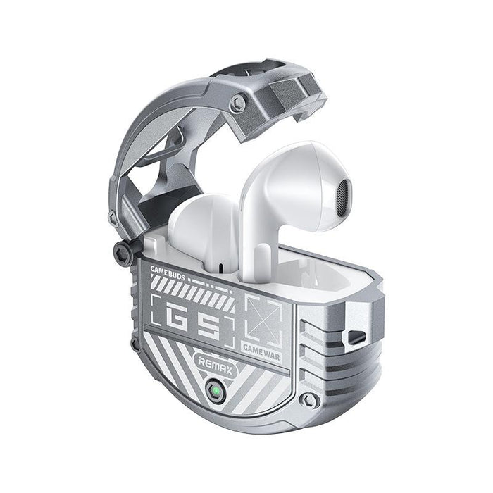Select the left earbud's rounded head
pos(201,225)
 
